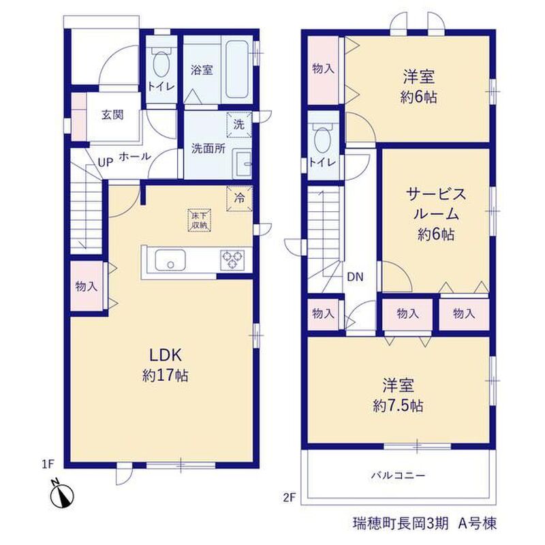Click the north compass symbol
coord(62,493)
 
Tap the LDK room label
coord(166,356)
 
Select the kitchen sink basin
coord(170,260)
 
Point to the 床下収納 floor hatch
coord(200,219)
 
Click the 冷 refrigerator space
coord(239,198)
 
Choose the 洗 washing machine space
coord(239,125)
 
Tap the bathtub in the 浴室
coord(237,70)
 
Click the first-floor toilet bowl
coord(161,63)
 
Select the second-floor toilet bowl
coord(322,138)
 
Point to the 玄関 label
coord(112,114)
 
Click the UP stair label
coord(106,162)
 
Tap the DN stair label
coord(355,277)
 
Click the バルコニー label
coord(399,475)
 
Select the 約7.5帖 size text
coord(399,405)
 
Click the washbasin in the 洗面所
coord(242,164)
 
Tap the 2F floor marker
coord(289,498)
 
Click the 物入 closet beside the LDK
coord(87,287)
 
